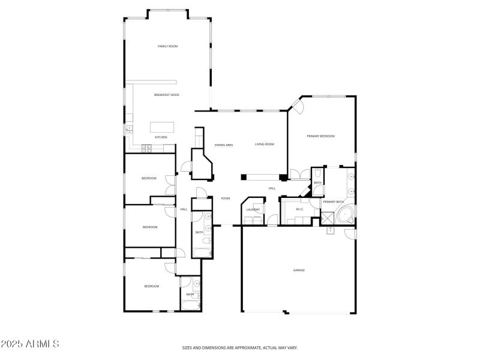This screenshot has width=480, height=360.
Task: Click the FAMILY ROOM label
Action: pos(167,46)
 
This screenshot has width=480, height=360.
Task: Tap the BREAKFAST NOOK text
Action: pos(166,95)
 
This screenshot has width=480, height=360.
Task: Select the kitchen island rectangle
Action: pos(162,127)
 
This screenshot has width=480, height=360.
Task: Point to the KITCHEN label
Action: pos(161,137)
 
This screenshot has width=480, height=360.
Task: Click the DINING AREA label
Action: pos(224,145)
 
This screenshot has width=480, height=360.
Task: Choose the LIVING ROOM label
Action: pos(264,145)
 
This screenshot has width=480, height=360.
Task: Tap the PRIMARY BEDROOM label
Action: pos(320,137)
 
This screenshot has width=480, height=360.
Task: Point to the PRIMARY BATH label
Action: pos(334,202)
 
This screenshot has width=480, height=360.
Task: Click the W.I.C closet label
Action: pos(299,209)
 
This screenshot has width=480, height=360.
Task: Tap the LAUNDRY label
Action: pos(253,209)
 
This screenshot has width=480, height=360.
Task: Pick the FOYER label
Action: pos(226,198)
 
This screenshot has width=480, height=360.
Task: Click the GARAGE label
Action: pos(299,270)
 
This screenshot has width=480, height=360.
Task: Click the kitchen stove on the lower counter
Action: pos(146,148)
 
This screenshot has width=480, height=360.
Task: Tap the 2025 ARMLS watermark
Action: pos(30,344)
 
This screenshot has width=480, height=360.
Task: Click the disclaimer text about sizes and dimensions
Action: pos(240,347)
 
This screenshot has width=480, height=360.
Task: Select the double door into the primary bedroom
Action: pos(297,175)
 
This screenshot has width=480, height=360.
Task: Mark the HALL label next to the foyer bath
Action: pos(184,209)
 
